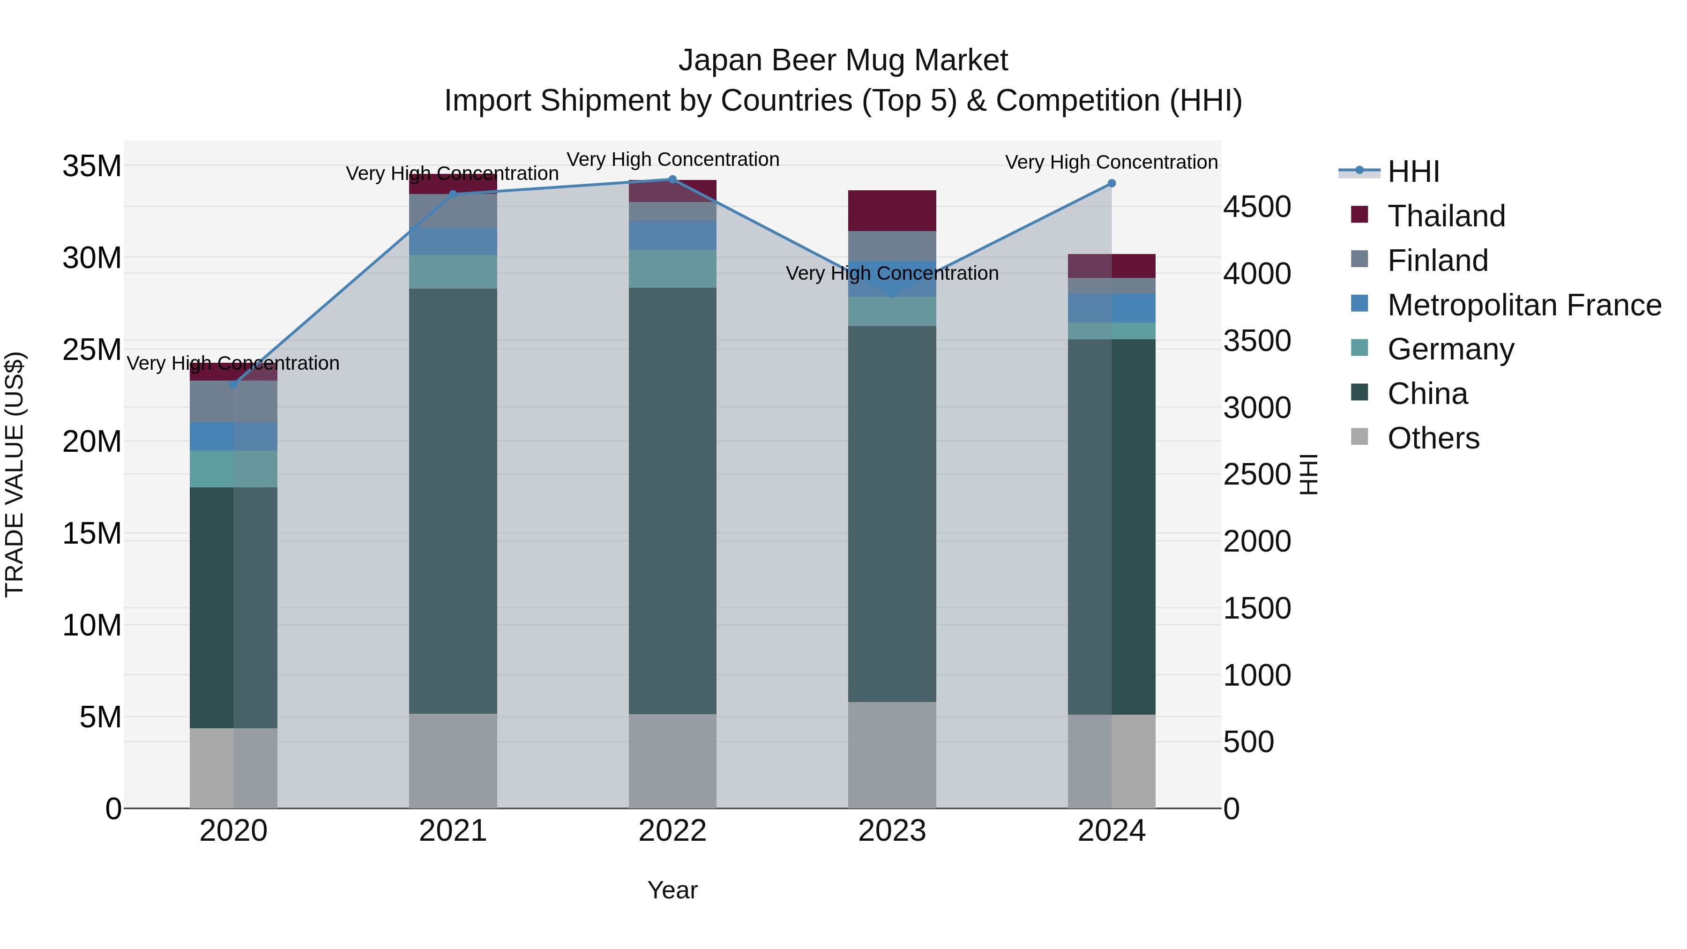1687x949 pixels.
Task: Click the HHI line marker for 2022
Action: (672, 179)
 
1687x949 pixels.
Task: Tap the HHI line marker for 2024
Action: (1112, 183)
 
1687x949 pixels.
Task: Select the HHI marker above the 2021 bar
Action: (453, 194)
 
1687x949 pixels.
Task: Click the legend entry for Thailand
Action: (1446, 216)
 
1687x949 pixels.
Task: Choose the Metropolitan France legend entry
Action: (1524, 305)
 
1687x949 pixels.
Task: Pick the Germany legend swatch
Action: (1359, 348)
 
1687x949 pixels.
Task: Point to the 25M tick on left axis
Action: (92, 350)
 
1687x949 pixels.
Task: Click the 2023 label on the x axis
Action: (891, 831)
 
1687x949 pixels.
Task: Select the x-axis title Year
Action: (672, 890)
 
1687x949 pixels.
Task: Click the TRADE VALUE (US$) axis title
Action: (15, 474)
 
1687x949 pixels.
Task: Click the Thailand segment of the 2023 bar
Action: (891, 210)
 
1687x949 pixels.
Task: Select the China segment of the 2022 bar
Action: (672, 501)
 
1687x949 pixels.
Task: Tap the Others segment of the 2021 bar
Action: (453, 761)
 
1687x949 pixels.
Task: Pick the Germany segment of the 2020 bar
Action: (233, 469)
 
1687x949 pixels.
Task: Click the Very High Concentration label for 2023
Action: (891, 273)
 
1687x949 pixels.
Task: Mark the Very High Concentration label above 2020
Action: (233, 364)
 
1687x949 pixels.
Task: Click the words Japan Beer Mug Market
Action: (843, 60)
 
